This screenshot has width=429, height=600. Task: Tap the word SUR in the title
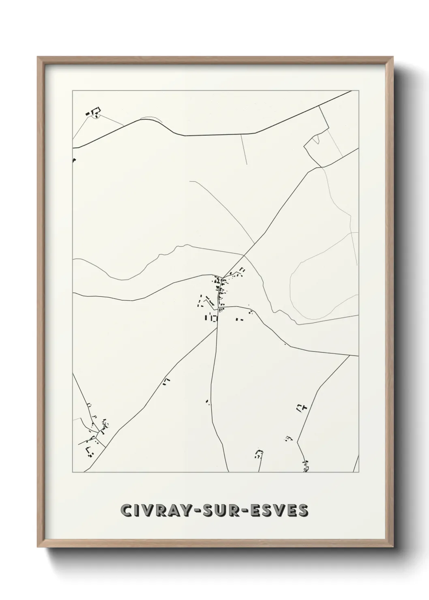point(214,511)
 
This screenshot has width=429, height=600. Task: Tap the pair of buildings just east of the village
point(239,320)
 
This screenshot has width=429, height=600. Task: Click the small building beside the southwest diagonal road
point(166,381)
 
